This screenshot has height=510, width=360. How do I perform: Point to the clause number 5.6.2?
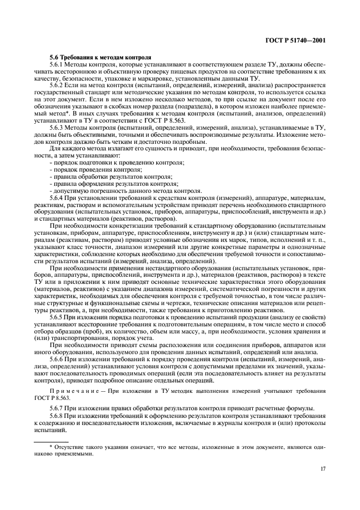click(57, 85)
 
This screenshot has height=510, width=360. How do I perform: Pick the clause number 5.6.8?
click(57, 415)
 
